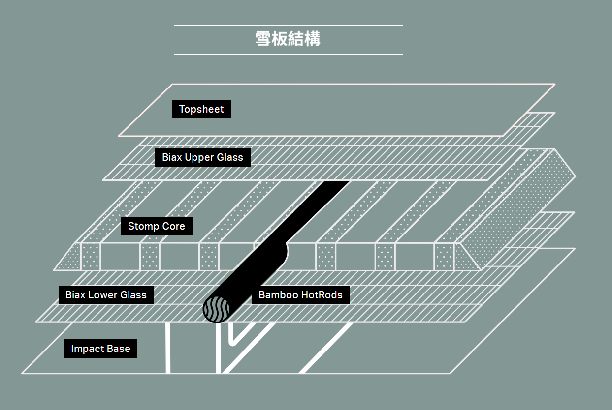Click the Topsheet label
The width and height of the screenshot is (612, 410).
(201, 109)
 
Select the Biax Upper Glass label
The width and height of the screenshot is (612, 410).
(202, 157)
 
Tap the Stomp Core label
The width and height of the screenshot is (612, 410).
(157, 226)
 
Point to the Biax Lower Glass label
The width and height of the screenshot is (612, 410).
(106, 295)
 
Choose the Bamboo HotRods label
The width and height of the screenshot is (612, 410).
(300, 295)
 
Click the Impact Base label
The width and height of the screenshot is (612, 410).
(100, 349)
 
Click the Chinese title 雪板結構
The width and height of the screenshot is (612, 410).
(288, 39)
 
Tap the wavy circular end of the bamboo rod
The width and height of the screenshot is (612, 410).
(216, 309)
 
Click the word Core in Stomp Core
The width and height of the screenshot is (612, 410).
(173, 226)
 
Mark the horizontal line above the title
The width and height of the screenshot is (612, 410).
(289, 26)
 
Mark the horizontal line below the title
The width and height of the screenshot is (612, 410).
(289, 55)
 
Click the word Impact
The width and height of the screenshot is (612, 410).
(88, 349)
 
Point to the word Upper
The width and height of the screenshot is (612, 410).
(199, 158)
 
